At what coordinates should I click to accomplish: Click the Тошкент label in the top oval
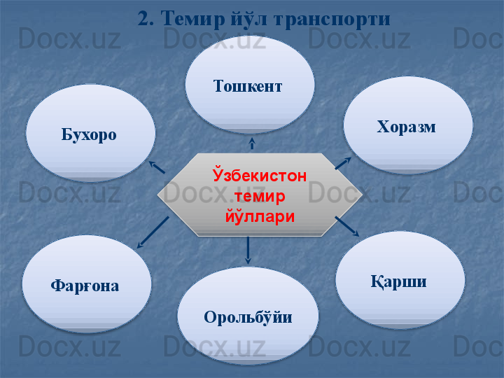(248, 86)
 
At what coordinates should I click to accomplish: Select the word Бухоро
(89, 134)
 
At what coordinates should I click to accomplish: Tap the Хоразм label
(406, 127)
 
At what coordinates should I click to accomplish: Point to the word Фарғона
(85, 286)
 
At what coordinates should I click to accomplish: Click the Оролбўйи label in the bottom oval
(248, 316)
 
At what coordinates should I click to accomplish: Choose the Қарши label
(398, 282)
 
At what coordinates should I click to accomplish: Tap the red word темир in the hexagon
(260, 196)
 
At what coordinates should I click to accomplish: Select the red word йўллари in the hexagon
(260, 216)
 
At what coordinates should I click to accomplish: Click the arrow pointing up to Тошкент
(252, 143)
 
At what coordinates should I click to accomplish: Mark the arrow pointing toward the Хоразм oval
(343, 163)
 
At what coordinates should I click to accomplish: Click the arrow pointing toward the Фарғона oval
(153, 232)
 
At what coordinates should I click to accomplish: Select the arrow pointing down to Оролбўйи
(248, 251)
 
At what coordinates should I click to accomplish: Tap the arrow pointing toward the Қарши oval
(347, 227)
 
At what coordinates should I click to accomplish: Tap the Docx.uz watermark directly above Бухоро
(69, 38)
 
